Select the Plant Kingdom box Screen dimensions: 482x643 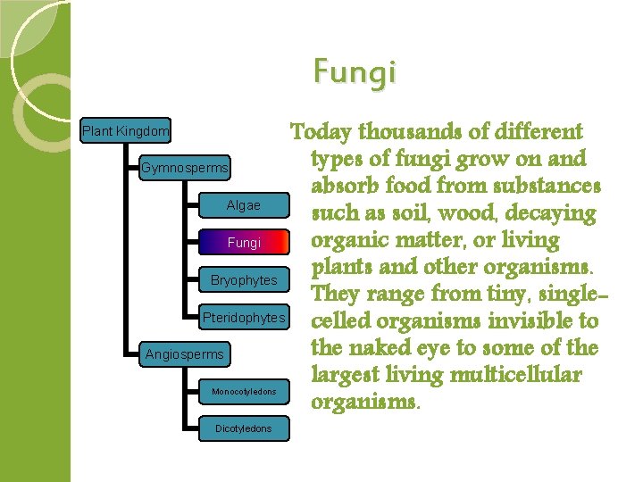click(x=126, y=131)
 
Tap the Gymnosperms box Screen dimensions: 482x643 click(x=185, y=168)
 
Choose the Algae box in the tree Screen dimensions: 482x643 click(x=244, y=205)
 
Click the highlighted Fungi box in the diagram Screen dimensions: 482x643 click(x=244, y=243)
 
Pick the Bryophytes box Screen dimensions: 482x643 click(x=244, y=280)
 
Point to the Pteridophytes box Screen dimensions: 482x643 click(x=244, y=318)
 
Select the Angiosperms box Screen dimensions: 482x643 click(x=185, y=354)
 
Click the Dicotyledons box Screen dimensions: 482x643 click(x=244, y=429)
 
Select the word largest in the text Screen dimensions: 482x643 click(x=345, y=373)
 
